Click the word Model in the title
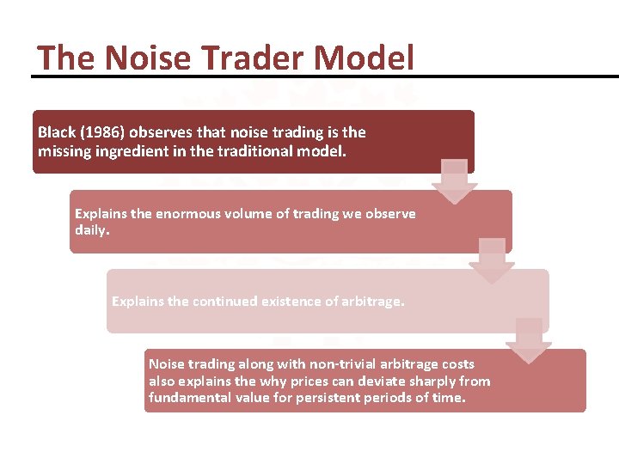tap(365, 58)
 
